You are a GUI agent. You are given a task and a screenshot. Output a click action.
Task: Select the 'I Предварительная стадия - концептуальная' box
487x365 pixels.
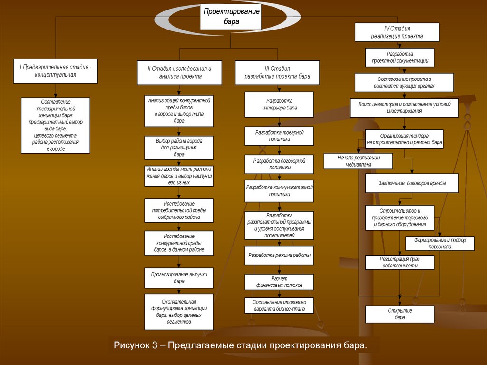(55, 71)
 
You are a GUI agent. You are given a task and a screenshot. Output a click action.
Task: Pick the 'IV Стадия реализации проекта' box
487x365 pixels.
(397, 32)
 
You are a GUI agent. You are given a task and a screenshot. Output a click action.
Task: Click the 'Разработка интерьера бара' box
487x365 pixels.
(279, 104)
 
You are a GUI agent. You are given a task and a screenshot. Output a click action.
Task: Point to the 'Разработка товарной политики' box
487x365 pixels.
(279, 136)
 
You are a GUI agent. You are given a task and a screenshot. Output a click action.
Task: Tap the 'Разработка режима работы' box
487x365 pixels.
(279, 255)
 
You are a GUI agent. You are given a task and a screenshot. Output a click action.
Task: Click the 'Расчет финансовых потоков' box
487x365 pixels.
(279, 282)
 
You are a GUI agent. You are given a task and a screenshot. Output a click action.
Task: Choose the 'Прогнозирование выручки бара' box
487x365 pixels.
(179, 277)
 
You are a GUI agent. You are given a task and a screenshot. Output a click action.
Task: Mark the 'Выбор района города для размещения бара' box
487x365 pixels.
(179, 148)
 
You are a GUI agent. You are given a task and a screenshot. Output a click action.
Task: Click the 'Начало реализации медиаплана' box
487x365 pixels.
(358, 161)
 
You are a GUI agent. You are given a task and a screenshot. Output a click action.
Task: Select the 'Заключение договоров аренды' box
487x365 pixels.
(412, 183)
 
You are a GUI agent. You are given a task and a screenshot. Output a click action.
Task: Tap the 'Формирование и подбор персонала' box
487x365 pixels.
(439, 244)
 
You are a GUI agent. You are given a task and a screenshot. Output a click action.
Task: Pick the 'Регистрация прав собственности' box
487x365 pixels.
(399, 262)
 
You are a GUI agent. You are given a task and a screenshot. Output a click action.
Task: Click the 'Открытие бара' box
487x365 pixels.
(399, 314)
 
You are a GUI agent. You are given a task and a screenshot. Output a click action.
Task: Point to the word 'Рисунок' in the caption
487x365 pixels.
(131, 345)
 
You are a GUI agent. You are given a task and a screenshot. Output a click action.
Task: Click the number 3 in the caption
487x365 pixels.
(155, 345)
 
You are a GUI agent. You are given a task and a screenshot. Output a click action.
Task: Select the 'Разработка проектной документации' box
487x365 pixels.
(399, 57)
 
